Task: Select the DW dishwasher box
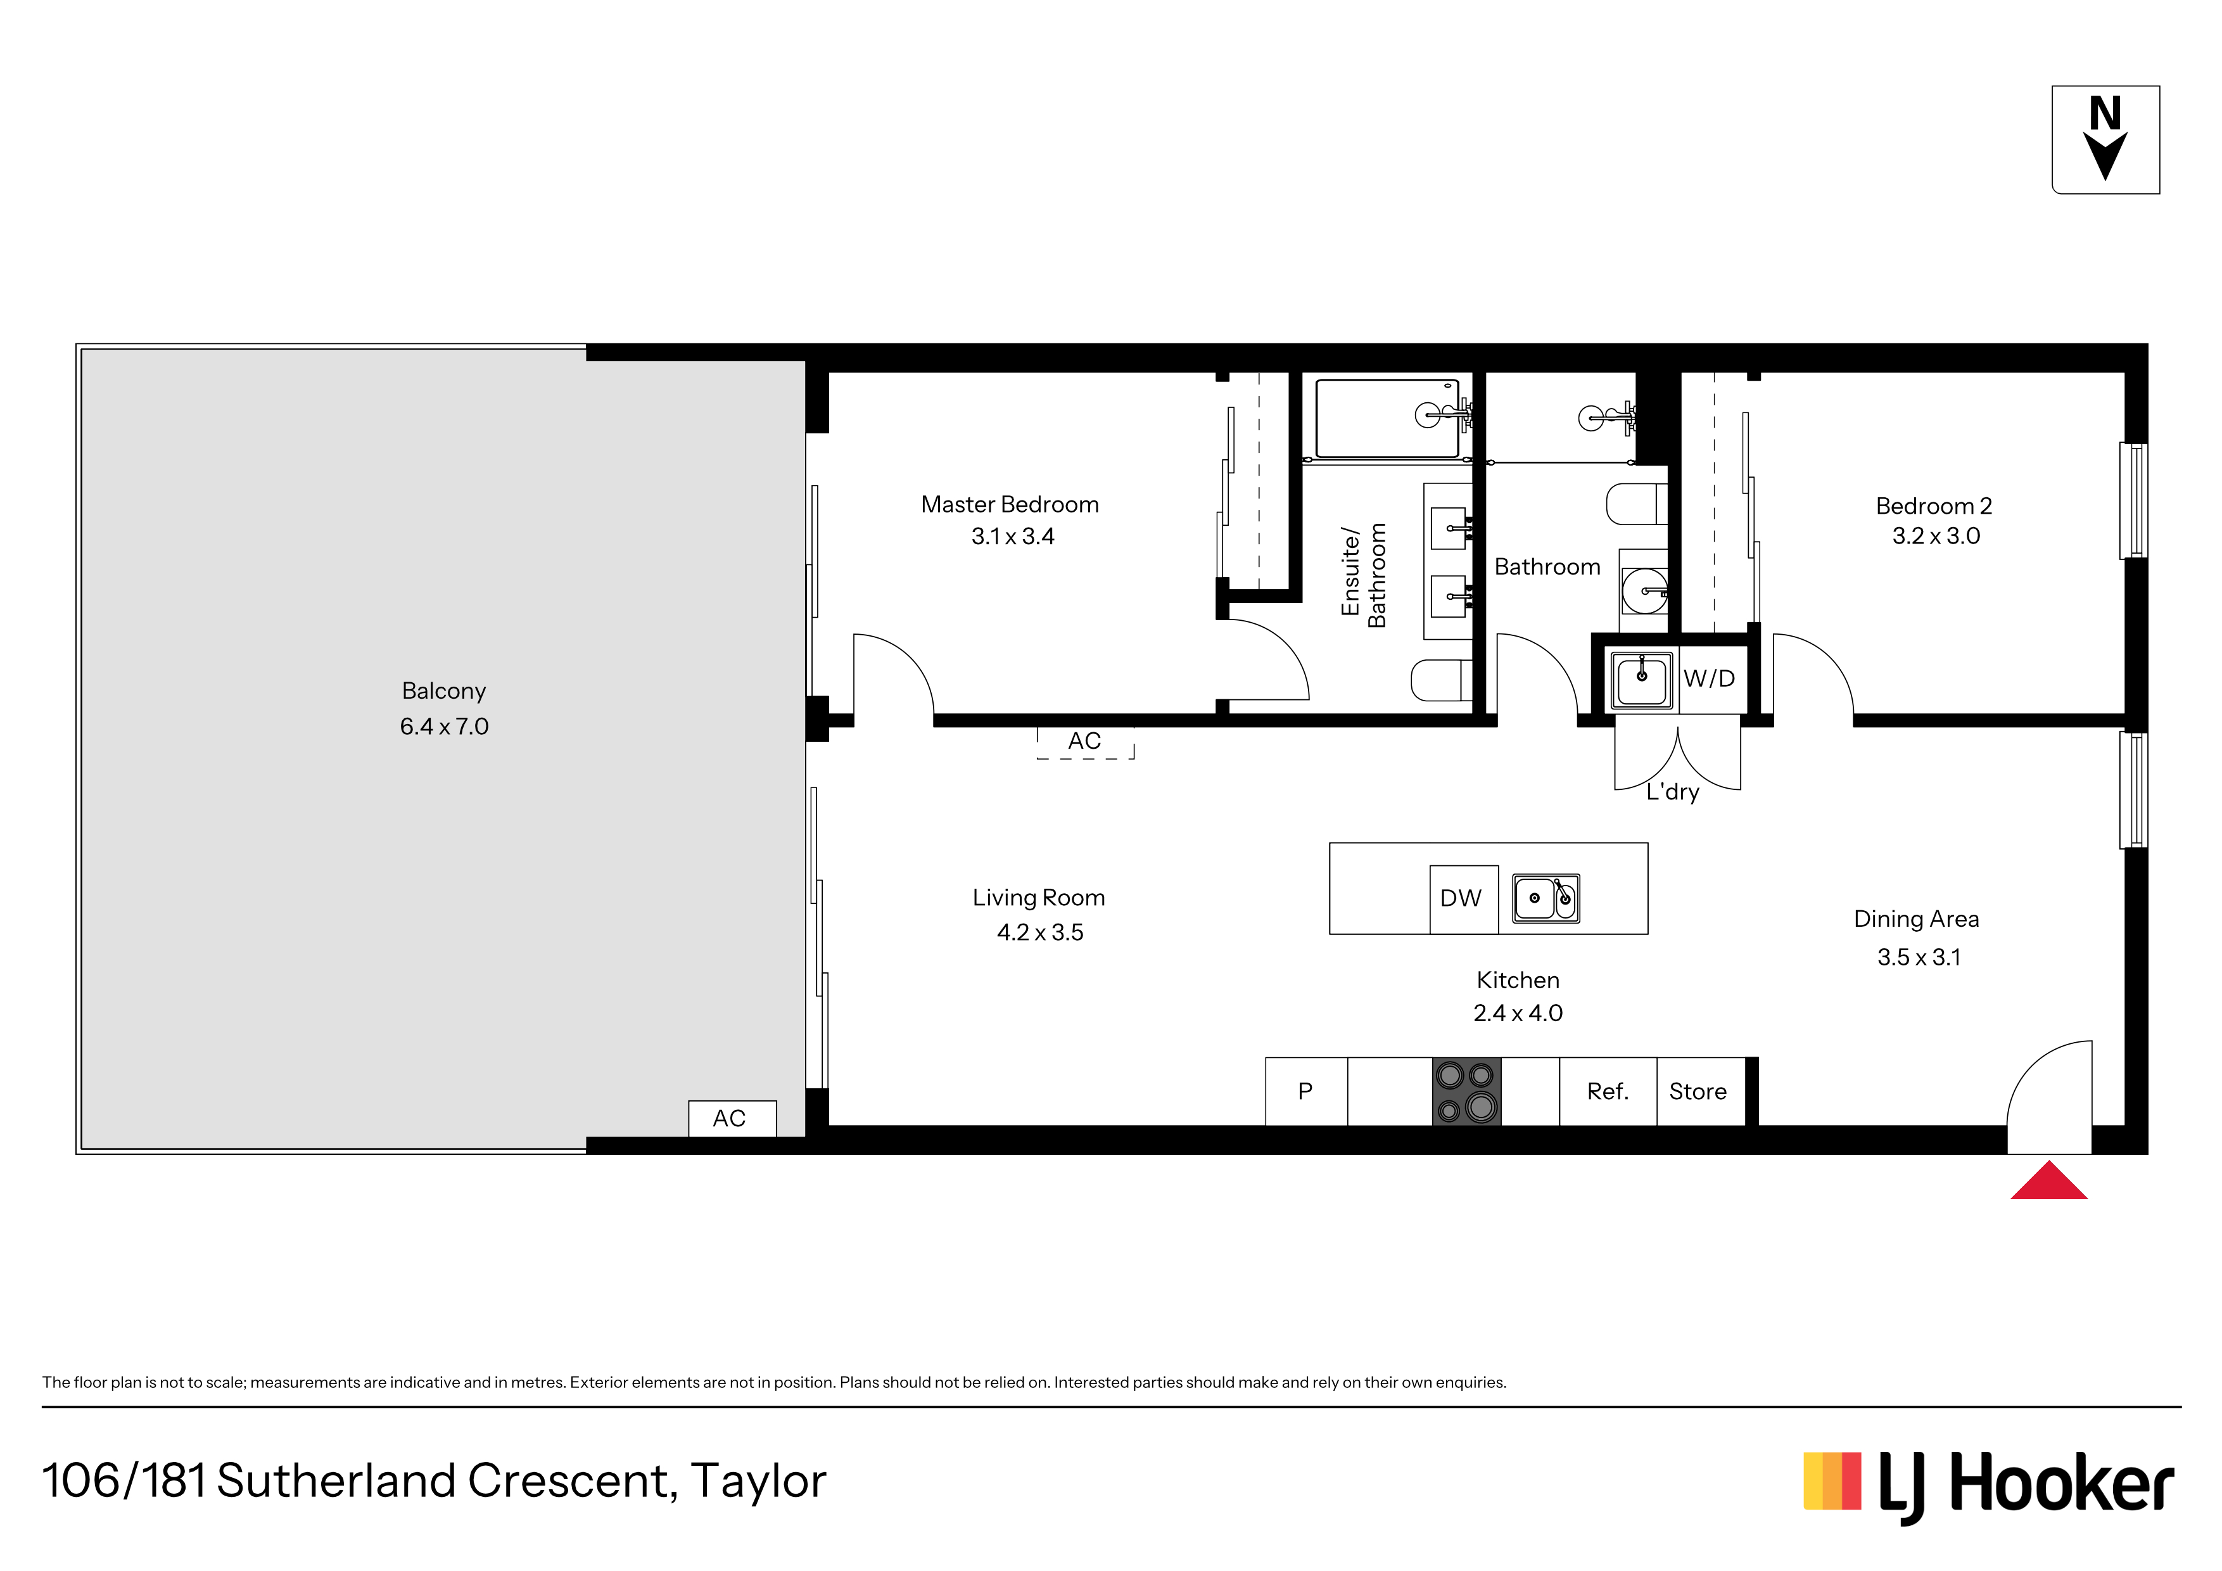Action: click(x=1463, y=900)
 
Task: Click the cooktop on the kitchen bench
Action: click(x=1466, y=1091)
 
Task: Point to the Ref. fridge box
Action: click(x=1608, y=1091)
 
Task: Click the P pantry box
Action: click(x=1305, y=1091)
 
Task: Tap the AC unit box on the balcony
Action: click(x=732, y=1118)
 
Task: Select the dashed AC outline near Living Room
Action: click(x=1085, y=742)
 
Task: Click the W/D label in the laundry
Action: click(x=1709, y=678)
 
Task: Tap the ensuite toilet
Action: click(x=1442, y=680)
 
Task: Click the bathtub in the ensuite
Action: click(x=1387, y=418)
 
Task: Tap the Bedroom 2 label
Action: click(x=1934, y=506)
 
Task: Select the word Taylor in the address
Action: click(x=759, y=1482)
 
